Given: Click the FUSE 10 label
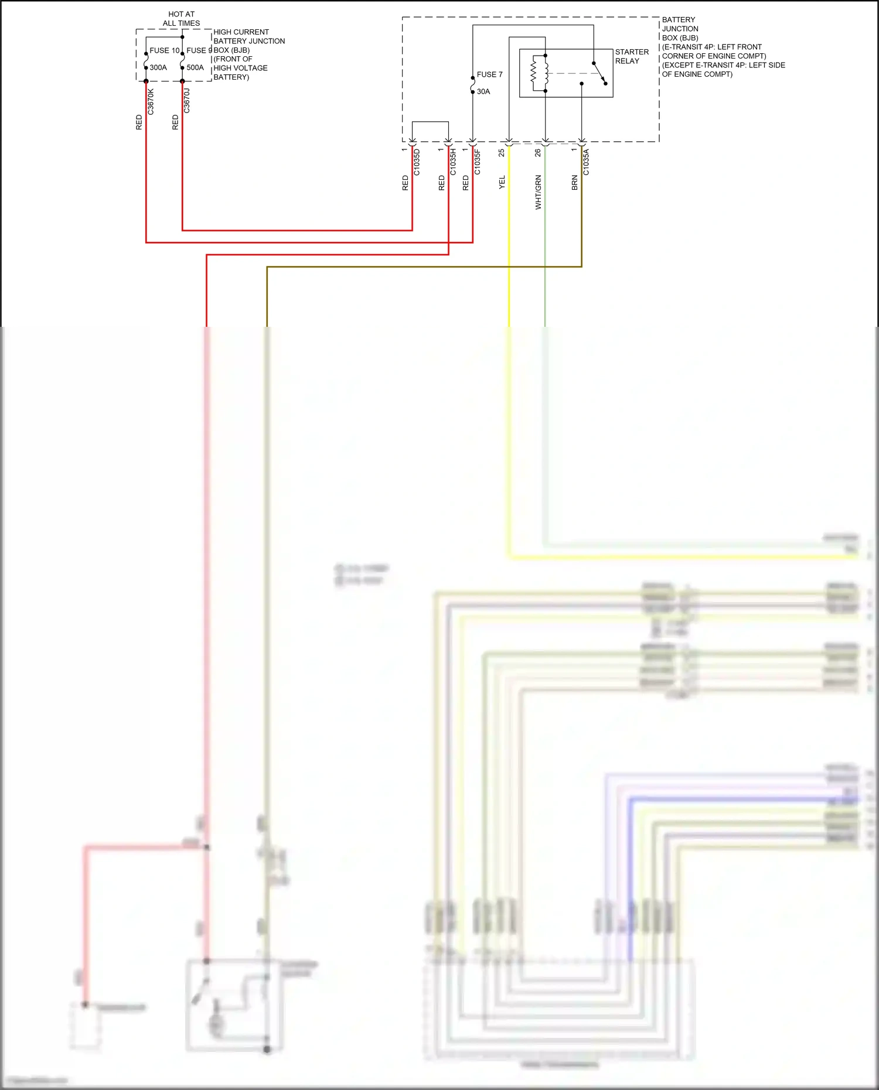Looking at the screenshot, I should [164, 50].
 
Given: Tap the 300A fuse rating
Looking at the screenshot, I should [158, 67].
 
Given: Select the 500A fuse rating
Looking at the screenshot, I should [195, 67].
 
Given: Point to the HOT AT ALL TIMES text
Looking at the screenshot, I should [181, 19].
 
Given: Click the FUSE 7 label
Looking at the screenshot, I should [489, 74].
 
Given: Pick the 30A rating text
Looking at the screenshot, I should [483, 91].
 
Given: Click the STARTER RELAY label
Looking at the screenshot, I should [632, 56].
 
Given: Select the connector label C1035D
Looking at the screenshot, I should [417, 162].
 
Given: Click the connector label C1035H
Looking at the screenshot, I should [453, 162].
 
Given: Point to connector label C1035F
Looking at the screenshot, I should [478, 162].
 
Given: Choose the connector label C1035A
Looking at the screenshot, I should [586, 162].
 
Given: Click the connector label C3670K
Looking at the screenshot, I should [151, 101].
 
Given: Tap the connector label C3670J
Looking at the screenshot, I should [187, 101].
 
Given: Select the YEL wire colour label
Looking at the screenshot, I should [502, 182].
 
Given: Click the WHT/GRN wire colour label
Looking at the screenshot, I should [538, 192].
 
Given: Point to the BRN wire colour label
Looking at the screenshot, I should [574, 183].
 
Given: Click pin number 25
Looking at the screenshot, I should [502, 152].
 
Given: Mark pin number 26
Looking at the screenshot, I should [538, 152].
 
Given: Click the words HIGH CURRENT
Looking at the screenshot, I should [241, 32].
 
